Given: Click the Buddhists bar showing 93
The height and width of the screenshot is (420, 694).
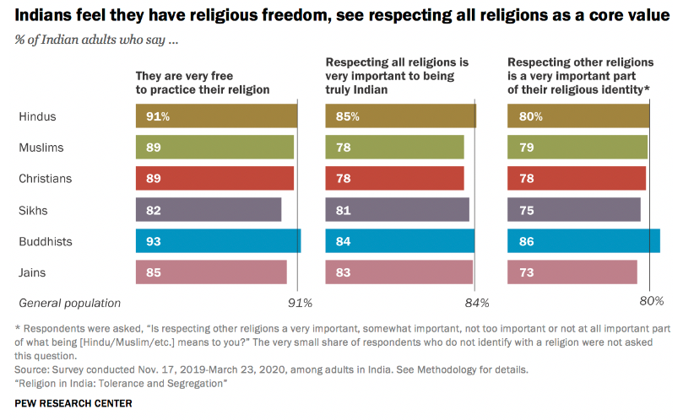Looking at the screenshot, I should click(218, 241).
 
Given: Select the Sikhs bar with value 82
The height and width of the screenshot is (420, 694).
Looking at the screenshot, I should click(209, 210).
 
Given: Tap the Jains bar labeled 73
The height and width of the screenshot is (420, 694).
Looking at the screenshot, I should click(572, 272).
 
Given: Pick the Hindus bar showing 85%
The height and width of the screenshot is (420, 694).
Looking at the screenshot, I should click(400, 116).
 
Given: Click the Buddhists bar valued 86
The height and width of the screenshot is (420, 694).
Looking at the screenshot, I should click(583, 241).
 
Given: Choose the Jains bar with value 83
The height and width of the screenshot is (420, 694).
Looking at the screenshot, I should click(399, 272).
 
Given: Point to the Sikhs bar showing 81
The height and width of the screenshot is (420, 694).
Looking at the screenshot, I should click(397, 210).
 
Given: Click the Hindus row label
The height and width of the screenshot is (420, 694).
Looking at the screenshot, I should click(37, 116).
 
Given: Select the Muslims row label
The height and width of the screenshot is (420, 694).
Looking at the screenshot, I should click(41, 148).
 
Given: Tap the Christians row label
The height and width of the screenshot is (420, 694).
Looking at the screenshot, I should click(45, 179).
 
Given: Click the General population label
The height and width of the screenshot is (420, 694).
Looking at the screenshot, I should click(70, 303).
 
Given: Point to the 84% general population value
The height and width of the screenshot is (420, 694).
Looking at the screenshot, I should click(477, 303).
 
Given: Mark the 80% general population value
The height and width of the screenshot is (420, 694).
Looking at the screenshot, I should click(651, 301).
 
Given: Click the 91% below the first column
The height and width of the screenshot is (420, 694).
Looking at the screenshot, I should click(300, 303).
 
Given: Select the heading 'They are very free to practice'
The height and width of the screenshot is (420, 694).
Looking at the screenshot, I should click(203, 82).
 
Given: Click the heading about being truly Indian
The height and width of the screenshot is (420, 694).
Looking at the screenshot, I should click(398, 75).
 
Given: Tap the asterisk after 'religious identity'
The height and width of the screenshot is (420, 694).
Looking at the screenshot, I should click(647, 88).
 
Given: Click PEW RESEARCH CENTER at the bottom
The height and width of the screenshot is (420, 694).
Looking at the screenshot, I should click(73, 403).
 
